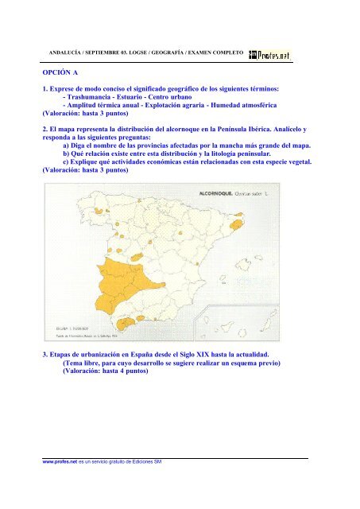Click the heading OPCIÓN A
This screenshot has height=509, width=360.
pyautogui.click(x=68, y=71)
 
